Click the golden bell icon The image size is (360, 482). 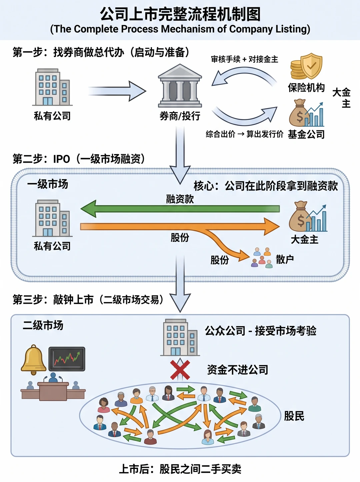pos(33,359)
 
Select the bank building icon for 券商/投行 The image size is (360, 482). pos(180,85)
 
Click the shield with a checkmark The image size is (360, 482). pos(311,66)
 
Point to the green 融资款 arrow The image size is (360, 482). pos(180,209)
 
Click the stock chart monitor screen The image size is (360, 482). pos(67,359)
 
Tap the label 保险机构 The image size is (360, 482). pos(306,87)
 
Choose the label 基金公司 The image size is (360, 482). pos(306,134)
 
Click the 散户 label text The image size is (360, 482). pos(285,260)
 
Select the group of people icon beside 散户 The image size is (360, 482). pos(262,258)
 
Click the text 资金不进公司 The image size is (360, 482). pos(238,370)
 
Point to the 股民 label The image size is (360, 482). pos(294,416)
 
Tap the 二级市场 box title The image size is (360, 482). pos(43,325)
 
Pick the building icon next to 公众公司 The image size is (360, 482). pos(180,337)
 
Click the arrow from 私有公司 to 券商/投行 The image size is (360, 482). pos(117,91)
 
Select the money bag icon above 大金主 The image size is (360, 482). pos(308,217)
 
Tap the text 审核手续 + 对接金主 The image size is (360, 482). pos(245,59)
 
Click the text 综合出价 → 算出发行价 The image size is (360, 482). pos(244,134)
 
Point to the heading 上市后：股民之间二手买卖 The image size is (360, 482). pos(180,469)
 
